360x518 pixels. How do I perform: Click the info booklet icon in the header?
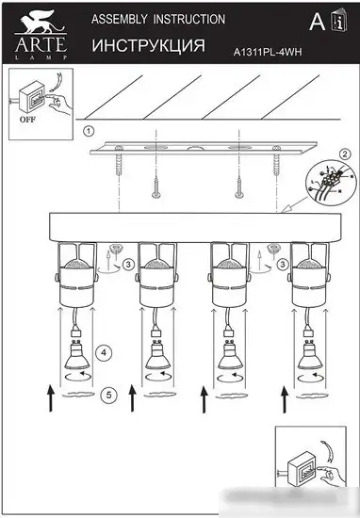(337, 22)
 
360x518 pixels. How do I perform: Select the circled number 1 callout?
(89, 131)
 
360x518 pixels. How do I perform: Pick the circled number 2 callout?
(345, 154)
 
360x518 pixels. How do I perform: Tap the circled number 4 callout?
(106, 352)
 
